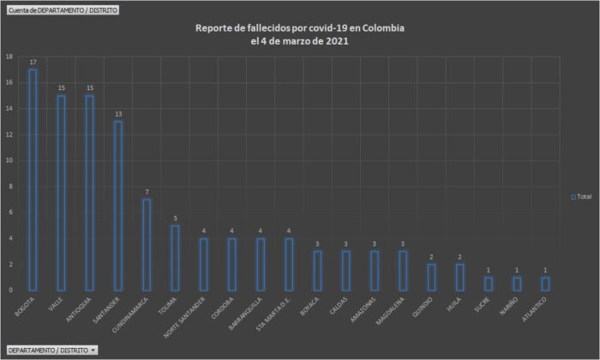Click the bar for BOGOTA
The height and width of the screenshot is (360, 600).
click(x=33, y=180)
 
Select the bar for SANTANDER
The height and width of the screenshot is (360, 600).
click(x=118, y=206)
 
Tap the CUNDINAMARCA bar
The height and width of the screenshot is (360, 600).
click(x=147, y=244)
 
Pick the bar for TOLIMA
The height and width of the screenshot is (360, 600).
click(x=175, y=257)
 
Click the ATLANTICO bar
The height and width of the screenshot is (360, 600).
click(x=544, y=283)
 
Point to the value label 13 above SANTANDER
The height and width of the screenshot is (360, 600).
click(x=118, y=114)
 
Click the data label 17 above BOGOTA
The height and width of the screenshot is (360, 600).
click(x=33, y=63)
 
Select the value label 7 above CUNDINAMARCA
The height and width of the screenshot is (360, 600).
click(x=147, y=192)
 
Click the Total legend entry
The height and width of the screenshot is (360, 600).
click(x=581, y=196)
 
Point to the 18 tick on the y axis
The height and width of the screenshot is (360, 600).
click(x=9, y=57)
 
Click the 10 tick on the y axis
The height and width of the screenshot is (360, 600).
click(x=9, y=160)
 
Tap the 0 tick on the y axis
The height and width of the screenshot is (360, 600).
click(x=10, y=290)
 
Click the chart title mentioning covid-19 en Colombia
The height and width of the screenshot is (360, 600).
click(x=300, y=34)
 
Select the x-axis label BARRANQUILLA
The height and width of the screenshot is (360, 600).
click(x=246, y=314)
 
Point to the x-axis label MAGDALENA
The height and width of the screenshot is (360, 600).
click(x=390, y=311)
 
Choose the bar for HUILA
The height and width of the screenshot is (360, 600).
click(x=459, y=277)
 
